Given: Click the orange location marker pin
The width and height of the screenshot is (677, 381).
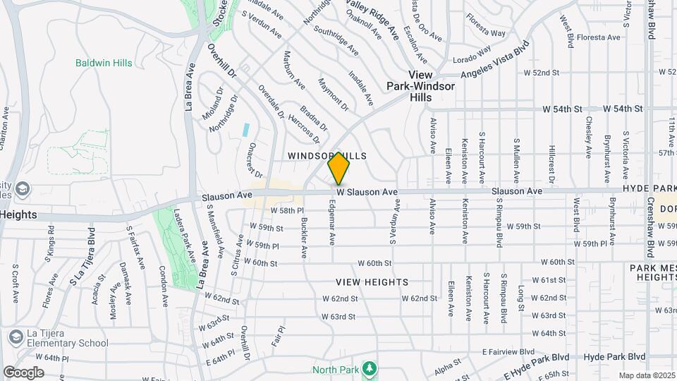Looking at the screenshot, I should tap(338, 168).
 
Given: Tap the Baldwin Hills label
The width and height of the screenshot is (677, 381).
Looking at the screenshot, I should tap(104, 64).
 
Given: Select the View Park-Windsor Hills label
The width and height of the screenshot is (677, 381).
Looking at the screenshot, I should tap(421, 86).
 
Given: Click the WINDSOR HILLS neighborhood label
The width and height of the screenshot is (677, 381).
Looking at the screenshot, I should tap(327, 155).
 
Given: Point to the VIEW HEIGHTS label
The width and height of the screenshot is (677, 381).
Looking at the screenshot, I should tap(372, 282).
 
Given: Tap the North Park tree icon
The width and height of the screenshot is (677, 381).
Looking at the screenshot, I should tap(368, 368).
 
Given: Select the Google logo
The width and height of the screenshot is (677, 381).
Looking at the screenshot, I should tap(24, 372).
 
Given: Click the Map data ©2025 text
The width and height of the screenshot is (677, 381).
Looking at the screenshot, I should tap(647, 375).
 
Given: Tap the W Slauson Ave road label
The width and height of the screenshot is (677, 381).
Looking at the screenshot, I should tap(367, 192).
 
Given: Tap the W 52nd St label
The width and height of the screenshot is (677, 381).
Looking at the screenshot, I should tap(541, 73).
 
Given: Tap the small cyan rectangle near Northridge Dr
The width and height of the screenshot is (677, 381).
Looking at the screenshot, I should tap(245, 130).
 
